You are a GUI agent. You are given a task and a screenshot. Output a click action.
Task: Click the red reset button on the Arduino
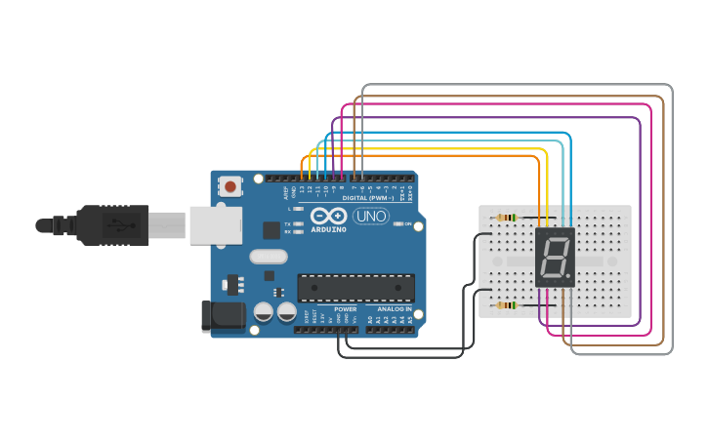point(230,185)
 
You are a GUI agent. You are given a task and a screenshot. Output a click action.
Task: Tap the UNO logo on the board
point(371,216)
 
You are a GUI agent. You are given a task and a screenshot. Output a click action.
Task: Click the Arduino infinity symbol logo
point(328,216)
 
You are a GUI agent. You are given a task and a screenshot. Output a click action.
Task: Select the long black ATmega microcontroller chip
point(355,288)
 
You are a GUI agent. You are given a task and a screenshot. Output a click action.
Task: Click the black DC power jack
point(221,315)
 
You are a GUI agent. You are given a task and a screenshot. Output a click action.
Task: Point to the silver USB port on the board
point(215,225)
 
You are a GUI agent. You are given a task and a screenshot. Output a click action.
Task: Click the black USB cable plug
point(112,225)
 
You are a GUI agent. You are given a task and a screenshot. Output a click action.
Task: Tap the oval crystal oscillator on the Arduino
point(269,257)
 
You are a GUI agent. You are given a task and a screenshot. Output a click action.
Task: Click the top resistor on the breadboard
point(506,218)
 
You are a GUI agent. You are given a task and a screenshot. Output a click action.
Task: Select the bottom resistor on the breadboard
point(506,305)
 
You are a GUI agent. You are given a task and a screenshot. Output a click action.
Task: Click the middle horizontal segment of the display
point(555,259)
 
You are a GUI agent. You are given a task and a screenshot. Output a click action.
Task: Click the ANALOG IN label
point(395,308)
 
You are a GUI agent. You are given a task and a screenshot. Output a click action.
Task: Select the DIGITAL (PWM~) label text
point(368,197)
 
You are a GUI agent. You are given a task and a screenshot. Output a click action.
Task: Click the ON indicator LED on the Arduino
point(398,224)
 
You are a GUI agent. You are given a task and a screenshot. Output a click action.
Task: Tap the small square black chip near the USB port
point(271,230)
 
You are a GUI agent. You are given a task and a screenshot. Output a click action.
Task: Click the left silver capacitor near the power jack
point(264,312)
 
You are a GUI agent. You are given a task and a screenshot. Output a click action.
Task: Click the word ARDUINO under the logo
point(329,228)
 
